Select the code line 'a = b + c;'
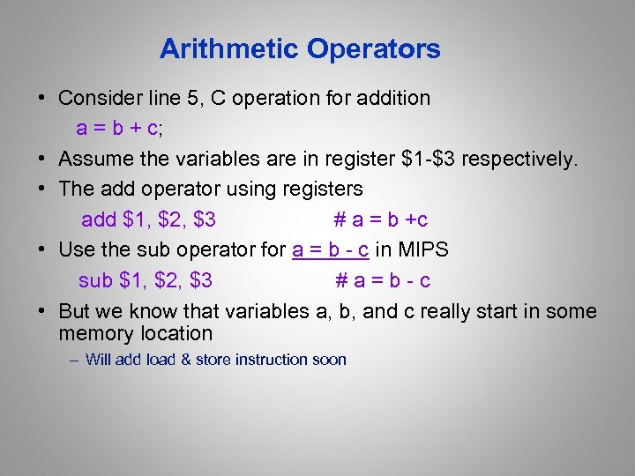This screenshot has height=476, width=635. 119,129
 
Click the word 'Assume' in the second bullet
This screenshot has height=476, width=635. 96,159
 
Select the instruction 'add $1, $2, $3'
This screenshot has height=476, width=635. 149,219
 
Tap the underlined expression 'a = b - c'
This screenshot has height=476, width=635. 330,249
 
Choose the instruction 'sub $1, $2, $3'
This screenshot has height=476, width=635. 146,280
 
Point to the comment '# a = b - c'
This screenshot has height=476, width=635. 383,280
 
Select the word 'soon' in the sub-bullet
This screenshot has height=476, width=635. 327,360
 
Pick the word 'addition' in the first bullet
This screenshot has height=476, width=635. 392,98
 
